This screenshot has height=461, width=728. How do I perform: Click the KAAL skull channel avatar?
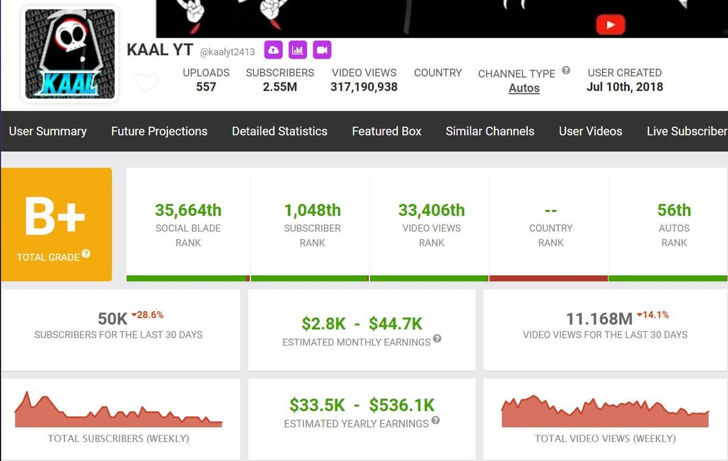coord(70,53)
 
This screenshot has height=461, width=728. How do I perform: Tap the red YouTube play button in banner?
coord(610,25)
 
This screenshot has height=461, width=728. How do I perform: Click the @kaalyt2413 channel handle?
coord(227,52)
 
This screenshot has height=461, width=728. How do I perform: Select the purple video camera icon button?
coord(322,50)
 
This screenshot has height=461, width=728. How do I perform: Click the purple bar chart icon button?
coord(298,50)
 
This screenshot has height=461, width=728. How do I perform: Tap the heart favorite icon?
coord(146,83)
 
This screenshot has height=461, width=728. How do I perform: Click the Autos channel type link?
coord(524,88)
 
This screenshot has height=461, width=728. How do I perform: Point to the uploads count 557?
coord(206,87)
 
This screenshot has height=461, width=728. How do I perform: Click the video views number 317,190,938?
coord(364,87)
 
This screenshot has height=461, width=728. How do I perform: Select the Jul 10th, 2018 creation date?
coord(624,87)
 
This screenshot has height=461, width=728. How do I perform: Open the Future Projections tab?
coord(159,131)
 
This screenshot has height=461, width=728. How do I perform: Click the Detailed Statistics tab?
coord(280,131)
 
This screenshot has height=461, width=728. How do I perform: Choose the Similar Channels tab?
coord(490,131)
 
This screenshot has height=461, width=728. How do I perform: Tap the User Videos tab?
coord(590,131)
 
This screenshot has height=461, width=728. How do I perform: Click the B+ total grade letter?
coord(55,216)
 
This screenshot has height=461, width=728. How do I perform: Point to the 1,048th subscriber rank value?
coord(312,210)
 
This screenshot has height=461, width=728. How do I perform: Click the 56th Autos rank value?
coord(674,210)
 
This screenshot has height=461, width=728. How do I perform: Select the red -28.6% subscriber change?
coord(148,315)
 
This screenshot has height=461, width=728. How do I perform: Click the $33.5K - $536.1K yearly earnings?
coord(362,405)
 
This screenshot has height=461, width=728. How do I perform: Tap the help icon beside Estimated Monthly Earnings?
coord(437,339)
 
